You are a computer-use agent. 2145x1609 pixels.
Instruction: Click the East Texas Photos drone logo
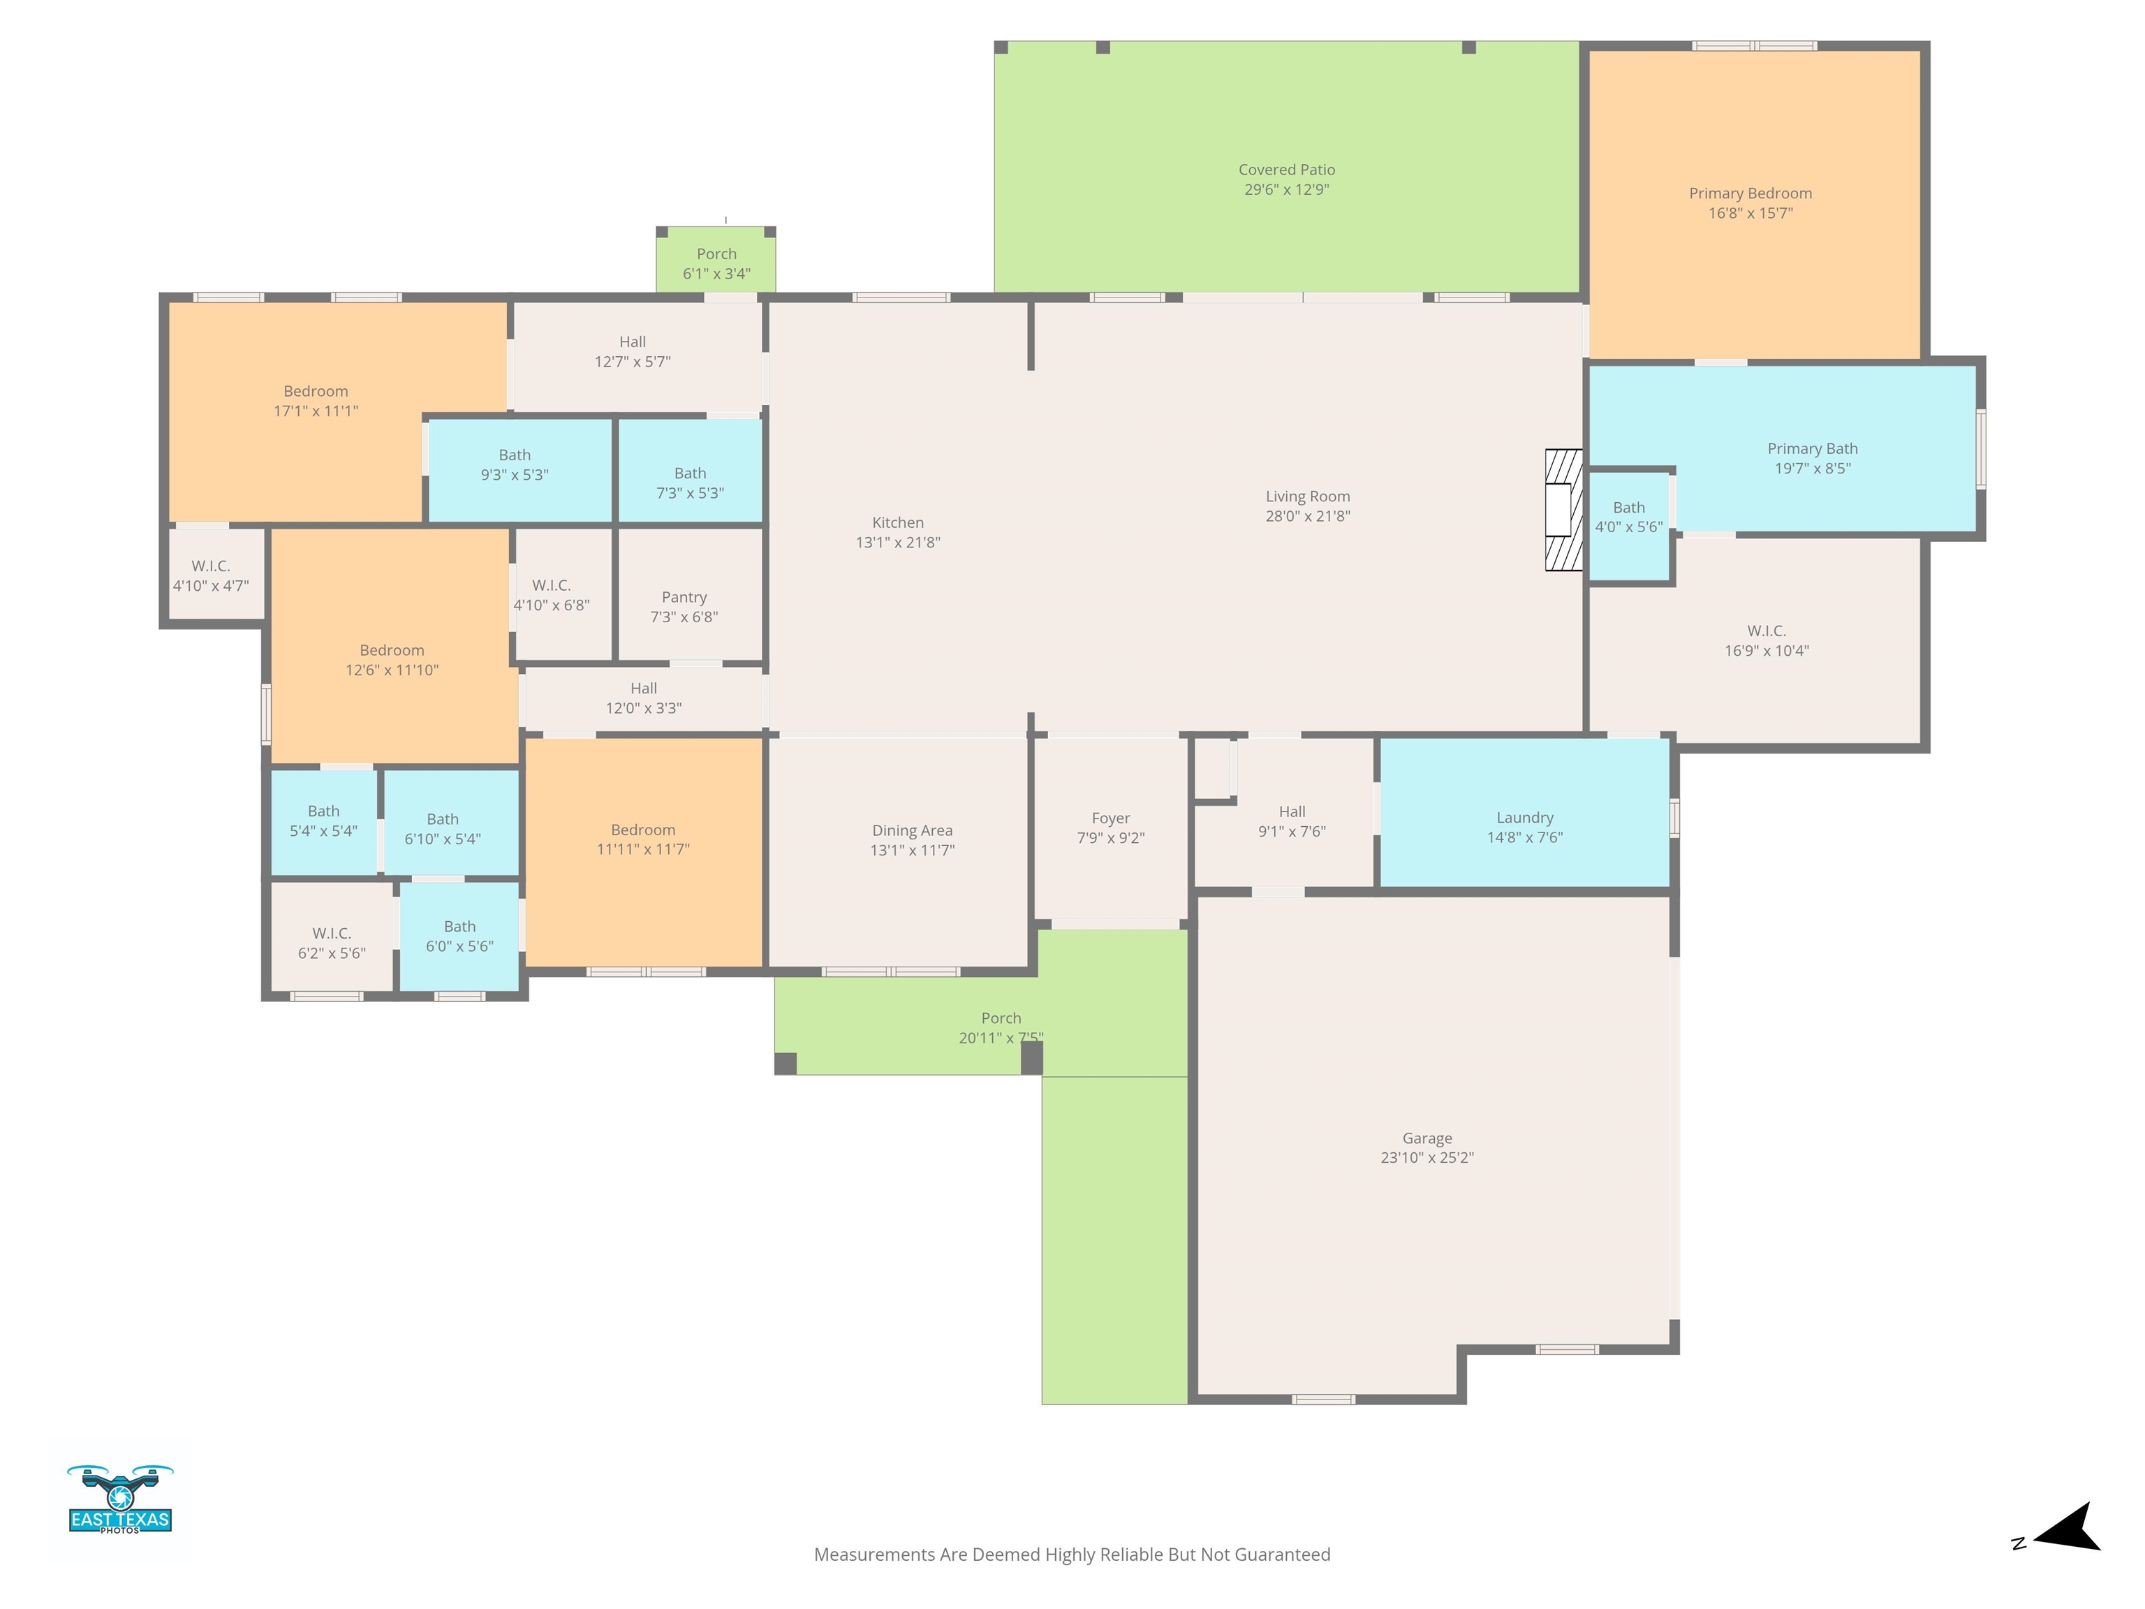click(x=120, y=1499)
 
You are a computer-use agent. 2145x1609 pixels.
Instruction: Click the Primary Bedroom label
click(x=1750, y=193)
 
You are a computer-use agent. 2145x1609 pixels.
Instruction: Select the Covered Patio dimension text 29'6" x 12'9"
click(x=1287, y=189)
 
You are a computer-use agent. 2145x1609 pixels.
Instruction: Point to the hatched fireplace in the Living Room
click(x=1563, y=509)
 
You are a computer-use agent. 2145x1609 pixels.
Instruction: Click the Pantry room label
click(x=684, y=597)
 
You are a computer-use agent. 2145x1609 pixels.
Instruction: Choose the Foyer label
click(x=1112, y=818)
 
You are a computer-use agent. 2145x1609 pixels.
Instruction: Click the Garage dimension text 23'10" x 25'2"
click(x=1427, y=1157)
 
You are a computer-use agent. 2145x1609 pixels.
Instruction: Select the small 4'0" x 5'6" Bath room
click(x=1629, y=527)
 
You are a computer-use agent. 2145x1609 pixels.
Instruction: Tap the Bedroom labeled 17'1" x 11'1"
click(x=316, y=401)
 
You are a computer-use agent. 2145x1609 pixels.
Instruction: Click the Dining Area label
click(x=913, y=830)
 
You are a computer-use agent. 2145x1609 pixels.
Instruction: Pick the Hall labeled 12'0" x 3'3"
click(x=644, y=698)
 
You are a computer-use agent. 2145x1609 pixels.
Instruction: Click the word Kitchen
click(x=898, y=523)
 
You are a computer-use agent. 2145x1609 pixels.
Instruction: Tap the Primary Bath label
click(x=1813, y=448)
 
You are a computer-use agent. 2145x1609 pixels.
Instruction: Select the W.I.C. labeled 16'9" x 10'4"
click(x=1767, y=640)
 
